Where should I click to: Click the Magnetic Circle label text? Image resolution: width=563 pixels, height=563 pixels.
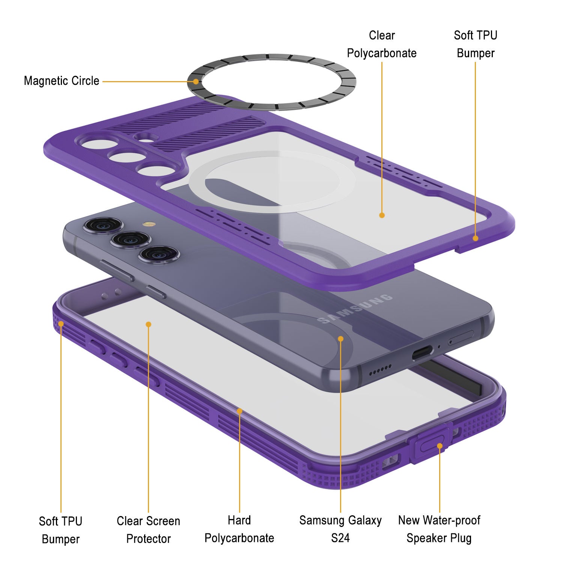tap(62, 81)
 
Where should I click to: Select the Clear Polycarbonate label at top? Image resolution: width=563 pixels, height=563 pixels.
tap(382, 44)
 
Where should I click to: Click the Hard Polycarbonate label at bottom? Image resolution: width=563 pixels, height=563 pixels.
tap(239, 529)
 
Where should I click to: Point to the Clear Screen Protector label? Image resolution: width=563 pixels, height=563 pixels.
tap(148, 530)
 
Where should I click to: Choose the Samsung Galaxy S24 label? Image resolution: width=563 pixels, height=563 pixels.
tap(340, 529)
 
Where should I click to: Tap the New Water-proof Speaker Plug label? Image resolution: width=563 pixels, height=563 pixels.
tap(439, 529)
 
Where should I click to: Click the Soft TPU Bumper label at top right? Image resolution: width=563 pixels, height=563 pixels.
tap(476, 44)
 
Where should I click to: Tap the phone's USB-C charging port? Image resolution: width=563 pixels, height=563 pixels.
tap(423, 354)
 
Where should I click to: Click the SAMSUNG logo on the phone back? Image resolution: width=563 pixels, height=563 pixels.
tap(355, 309)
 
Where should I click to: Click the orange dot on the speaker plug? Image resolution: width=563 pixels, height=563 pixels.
tap(440, 446)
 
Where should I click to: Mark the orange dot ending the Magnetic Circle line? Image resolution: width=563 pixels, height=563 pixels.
tap(196, 81)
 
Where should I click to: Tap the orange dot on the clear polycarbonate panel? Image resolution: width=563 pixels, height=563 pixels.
tap(382, 215)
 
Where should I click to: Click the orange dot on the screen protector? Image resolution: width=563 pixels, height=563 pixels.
tap(149, 324)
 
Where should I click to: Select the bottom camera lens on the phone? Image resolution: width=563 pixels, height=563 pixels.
tap(159, 255)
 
